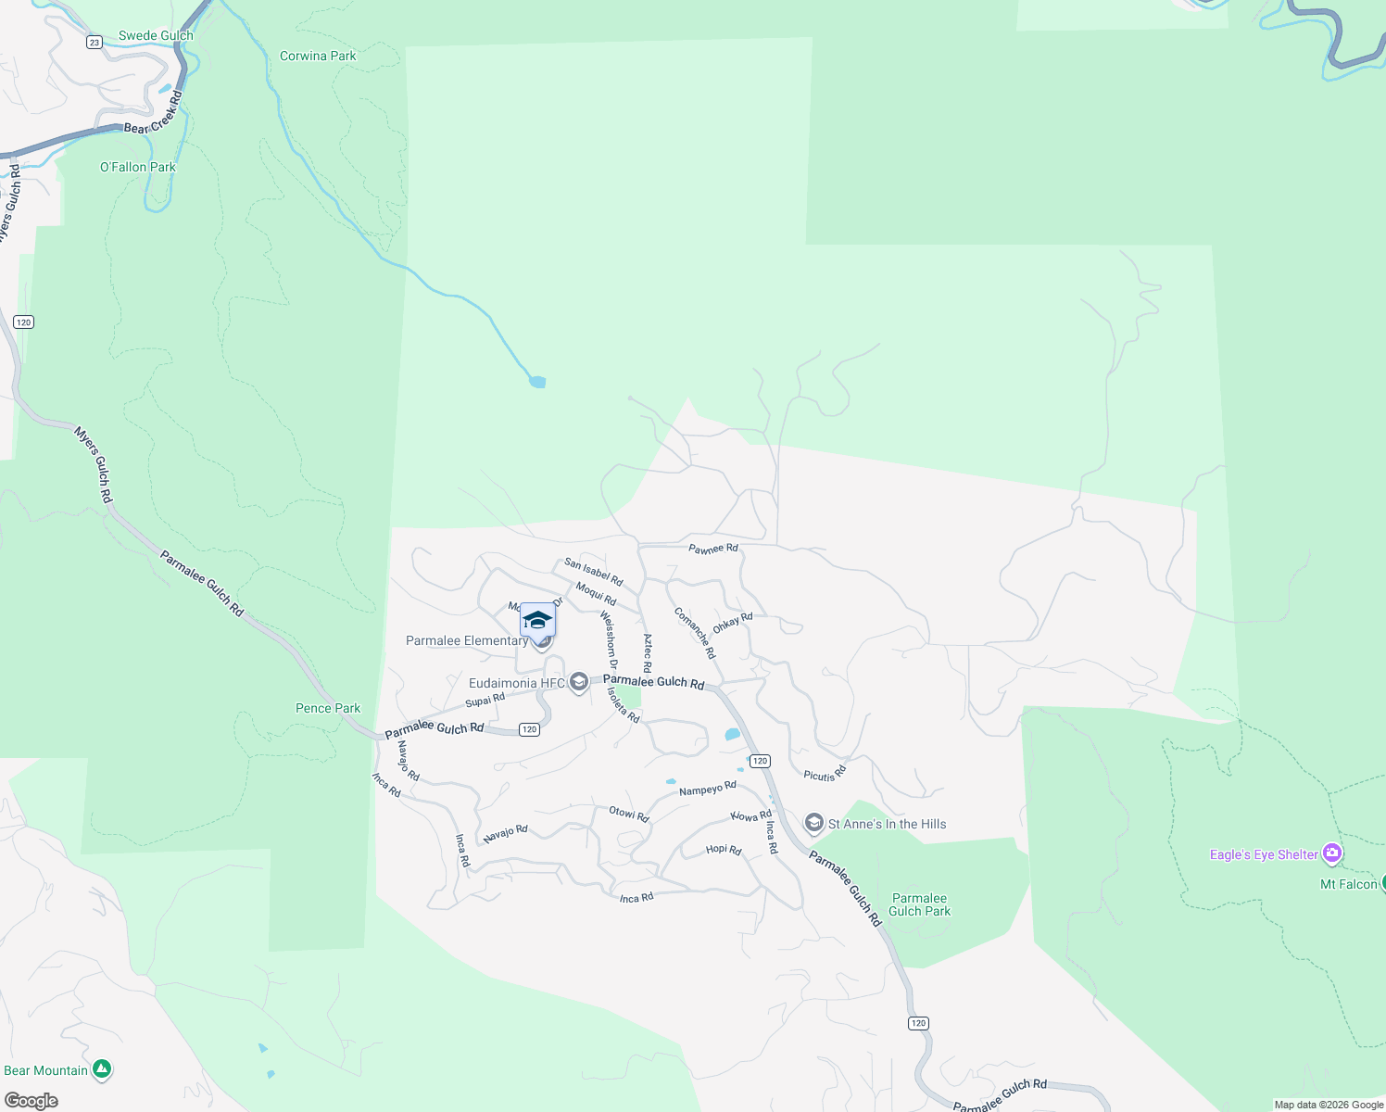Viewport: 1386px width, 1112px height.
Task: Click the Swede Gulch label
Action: (156, 36)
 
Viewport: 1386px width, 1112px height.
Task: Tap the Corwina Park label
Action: (318, 57)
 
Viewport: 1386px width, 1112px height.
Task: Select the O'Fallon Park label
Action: (138, 168)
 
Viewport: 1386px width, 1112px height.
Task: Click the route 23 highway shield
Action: (94, 42)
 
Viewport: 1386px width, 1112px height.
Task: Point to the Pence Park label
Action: (328, 709)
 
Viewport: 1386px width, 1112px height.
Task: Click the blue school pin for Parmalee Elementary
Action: (537, 621)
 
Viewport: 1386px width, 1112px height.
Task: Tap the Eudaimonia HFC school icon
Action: (579, 683)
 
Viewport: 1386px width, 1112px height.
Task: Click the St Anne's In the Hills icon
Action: (814, 823)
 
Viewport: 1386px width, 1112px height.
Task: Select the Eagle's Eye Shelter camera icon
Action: (1332, 853)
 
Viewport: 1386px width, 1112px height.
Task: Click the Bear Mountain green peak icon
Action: (103, 1069)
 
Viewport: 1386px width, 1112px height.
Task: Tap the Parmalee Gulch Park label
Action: (919, 904)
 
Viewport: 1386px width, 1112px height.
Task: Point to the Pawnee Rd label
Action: (713, 549)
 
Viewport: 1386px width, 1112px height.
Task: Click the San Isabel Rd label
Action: (593, 572)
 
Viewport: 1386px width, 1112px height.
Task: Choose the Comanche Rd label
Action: (695, 633)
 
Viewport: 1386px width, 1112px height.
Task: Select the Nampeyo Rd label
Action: (707, 789)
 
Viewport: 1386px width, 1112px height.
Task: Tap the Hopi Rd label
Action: (723, 850)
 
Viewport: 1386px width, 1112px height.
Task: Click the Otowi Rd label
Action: (628, 815)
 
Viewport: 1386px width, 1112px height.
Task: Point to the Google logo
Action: (31, 1101)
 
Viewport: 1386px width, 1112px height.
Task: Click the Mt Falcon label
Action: (1348, 885)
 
